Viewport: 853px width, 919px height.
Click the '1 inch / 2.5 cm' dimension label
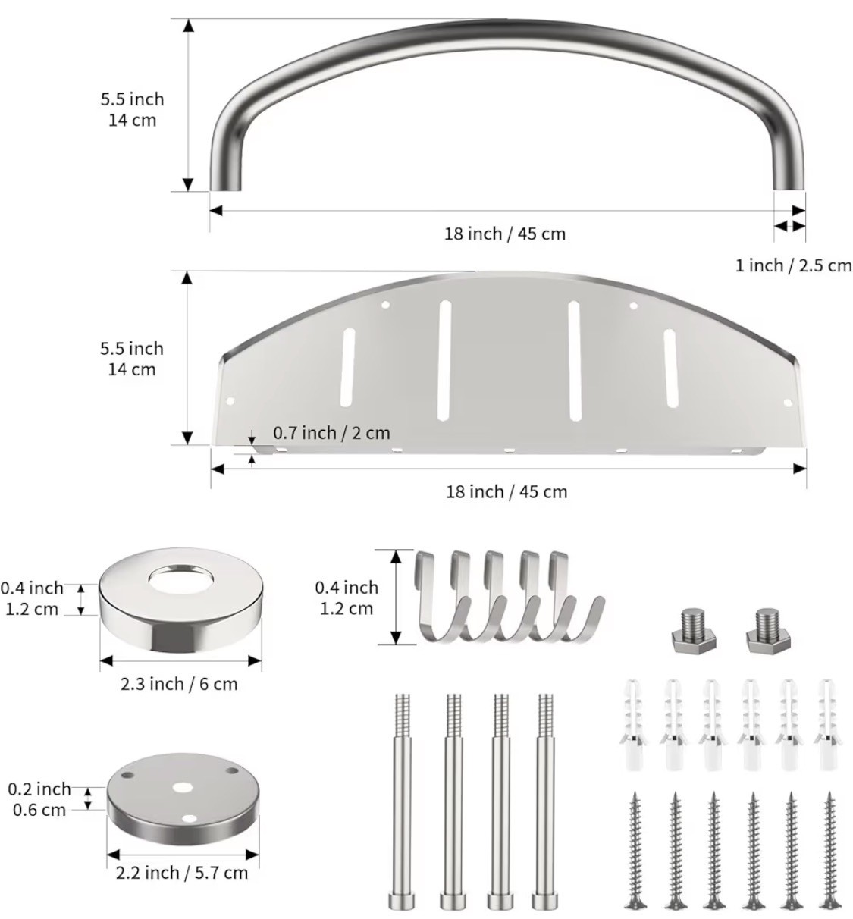[793, 265]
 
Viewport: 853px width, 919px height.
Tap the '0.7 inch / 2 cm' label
[331, 433]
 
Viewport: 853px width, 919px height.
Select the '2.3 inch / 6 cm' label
[179, 684]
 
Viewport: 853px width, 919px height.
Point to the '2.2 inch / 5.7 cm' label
[181, 873]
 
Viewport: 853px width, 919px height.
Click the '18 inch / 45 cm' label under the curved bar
[505, 234]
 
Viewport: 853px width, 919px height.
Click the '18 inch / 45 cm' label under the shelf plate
[506, 491]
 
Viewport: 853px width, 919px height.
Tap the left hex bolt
[693, 630]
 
